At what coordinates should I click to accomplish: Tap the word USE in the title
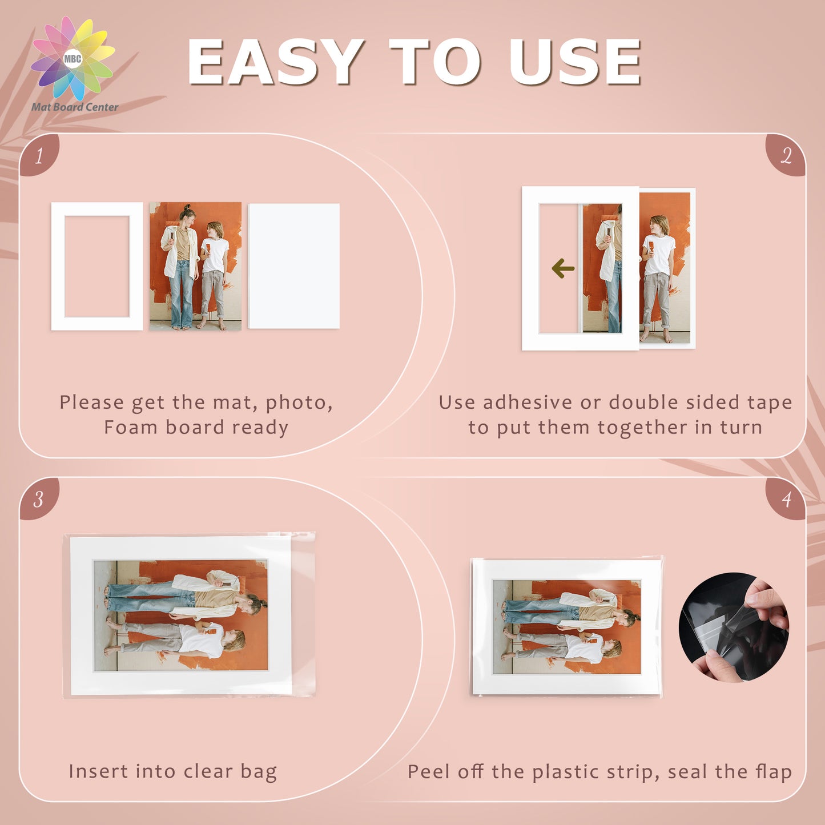(x=574, y=62)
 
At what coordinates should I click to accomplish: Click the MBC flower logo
(x=73, y=59)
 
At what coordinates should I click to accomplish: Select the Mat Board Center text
(x=75, y=107)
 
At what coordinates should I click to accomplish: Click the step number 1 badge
(x=39, y=155)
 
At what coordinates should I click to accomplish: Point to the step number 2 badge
(x=786, y=155)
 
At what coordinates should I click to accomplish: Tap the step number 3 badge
(x=39, y=499)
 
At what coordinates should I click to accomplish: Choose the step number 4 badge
(x=786, y=499)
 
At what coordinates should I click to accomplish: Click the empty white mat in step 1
(x=96, y=209)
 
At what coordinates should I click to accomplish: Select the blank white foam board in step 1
(x=293, y=266)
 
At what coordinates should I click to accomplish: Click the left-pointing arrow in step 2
(x=563, y=268)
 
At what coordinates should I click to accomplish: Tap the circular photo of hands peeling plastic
(x=734, y=627)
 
